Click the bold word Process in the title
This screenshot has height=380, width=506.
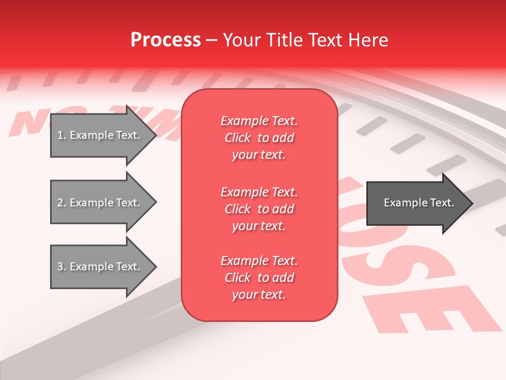(166, 40)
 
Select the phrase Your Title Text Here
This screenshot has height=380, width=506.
(306, 40)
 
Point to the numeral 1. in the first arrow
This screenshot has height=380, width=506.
(61, 135)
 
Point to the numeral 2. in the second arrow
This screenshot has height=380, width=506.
(61, 203)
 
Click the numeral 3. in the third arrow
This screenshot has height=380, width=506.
(61, 267)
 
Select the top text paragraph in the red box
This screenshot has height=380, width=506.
(259, 138)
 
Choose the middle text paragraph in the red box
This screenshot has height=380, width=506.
(259, 209)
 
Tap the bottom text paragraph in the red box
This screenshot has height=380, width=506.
(259, 278)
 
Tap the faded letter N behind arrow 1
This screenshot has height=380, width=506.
(26, 124)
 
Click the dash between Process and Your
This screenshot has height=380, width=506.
(212, 40)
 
